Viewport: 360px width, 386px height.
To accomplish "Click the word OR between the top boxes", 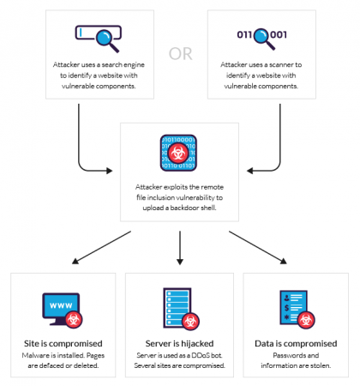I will click(x=180, y=53).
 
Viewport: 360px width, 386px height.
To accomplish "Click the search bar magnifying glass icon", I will click(x=97, y=36).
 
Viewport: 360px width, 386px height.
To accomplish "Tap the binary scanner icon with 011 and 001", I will click(x=261, y=36).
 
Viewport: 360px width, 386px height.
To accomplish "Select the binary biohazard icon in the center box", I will click(x=179, y=153).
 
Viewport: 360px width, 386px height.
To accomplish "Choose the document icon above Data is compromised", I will click(x=294, y=306).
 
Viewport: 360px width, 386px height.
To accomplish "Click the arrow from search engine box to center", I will click(x=94, y=159).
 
